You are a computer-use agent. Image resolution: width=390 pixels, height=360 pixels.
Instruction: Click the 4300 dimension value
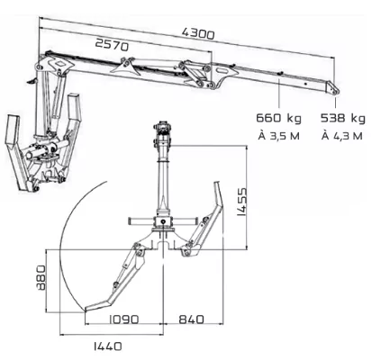pyautogui.click(x=198, y=33)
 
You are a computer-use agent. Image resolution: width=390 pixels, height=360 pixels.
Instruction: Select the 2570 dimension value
pyautogui.click(x=112, y=45)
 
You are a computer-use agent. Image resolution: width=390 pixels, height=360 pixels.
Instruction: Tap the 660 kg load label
pyautogui.click(x=278, y=118)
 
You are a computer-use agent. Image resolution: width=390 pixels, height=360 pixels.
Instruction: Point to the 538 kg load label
pyautogui.click(x=343, y=118)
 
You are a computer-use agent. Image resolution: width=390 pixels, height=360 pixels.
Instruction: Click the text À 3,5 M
pyautogui.click(x=279, y=136)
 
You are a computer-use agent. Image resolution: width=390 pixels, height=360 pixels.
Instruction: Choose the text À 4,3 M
pyautogui.click(x=342, y=136)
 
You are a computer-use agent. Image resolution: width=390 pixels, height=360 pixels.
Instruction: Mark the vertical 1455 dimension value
pyautogui.click(x=241, y=202)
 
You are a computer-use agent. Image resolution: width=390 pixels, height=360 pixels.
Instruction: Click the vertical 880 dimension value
pyautogui.click(x=41, y=277)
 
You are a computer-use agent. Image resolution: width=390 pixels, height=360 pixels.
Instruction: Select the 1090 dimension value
pyautogui.click(x=123, y=319)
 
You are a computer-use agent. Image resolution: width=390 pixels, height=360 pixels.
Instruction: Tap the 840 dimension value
pyautogui.click(x=191, y=319)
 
